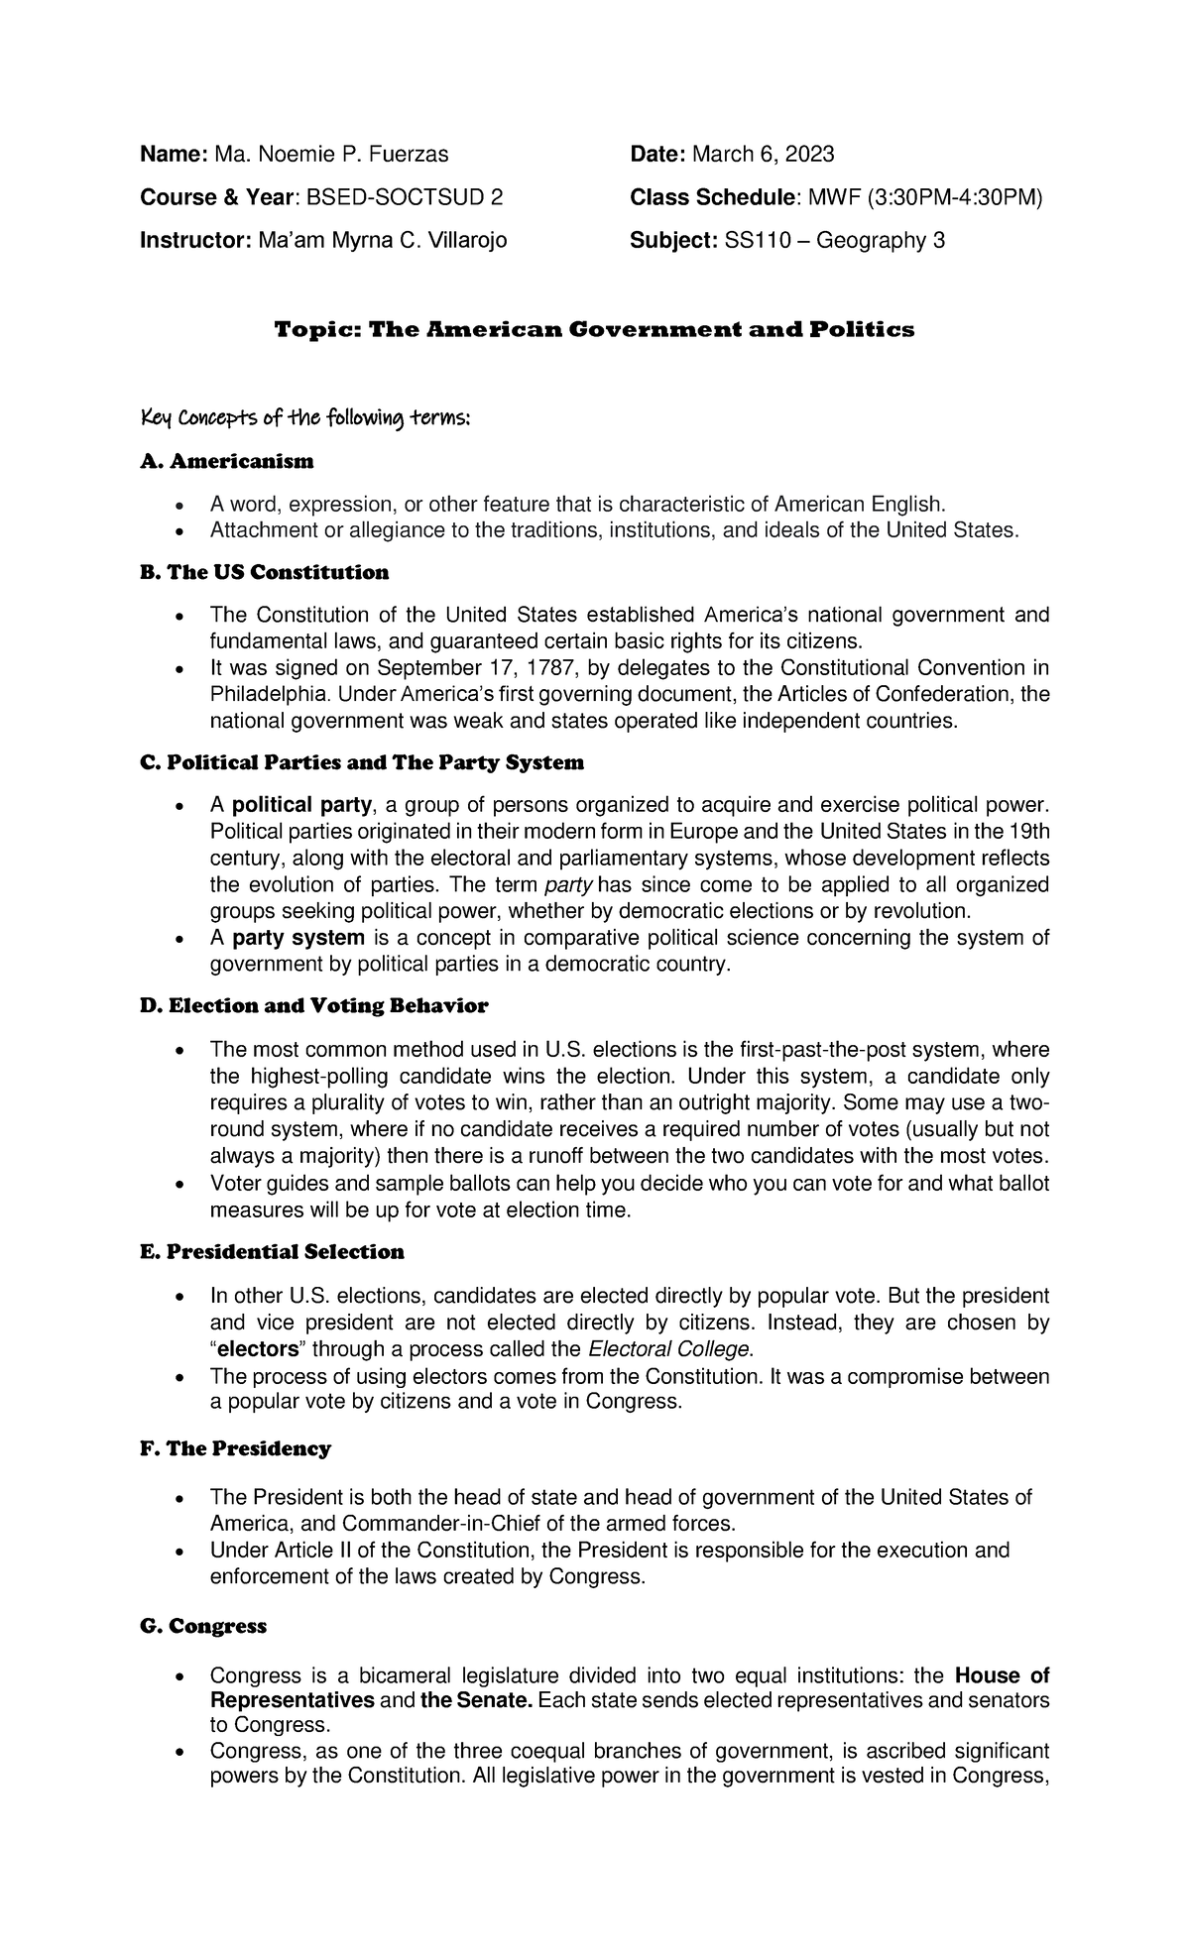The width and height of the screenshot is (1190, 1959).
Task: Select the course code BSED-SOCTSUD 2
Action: point(404,197)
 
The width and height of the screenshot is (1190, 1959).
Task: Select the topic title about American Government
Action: point(594,329)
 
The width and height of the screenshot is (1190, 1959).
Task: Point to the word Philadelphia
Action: point(258,694)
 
